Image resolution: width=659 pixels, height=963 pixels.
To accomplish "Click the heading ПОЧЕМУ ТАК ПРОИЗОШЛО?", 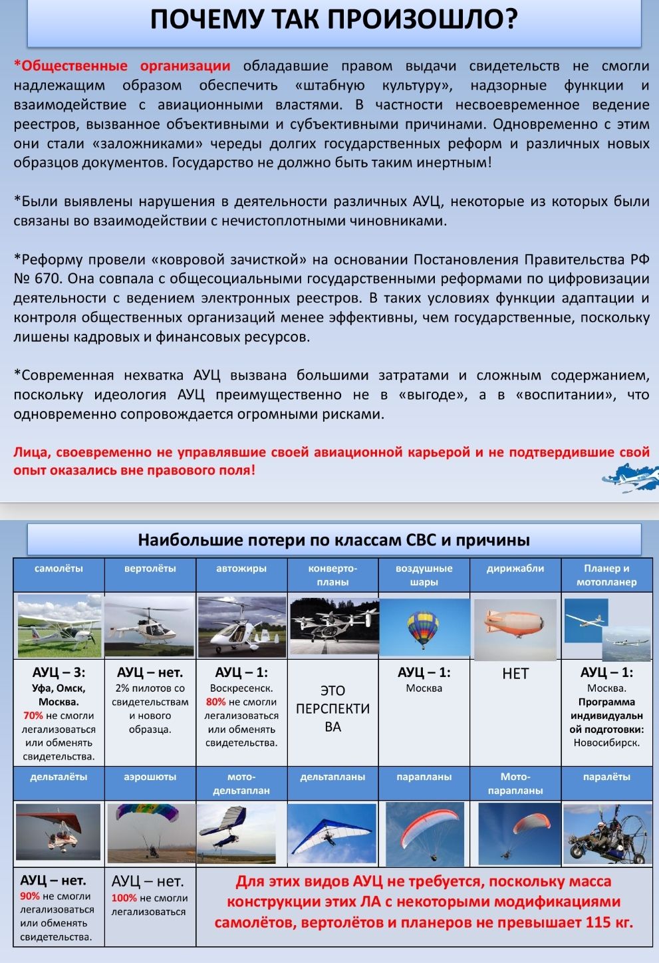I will point(333,19).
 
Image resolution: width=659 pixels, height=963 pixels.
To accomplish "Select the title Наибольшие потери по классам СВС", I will point(333,539).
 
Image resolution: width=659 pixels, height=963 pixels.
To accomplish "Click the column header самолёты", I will point(59,569).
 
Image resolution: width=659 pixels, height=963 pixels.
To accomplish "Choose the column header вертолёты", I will point(150,569).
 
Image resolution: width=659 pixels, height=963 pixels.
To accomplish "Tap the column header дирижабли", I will point(515,569).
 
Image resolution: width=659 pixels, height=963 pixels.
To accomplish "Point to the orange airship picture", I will point(515,626).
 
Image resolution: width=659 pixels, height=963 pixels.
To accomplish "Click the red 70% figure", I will point(33,716).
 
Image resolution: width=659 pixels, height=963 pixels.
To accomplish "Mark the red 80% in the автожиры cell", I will point(215,702).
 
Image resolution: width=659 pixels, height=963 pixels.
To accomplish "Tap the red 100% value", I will point(124,898).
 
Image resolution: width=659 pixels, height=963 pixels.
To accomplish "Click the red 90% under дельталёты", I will point(30,896).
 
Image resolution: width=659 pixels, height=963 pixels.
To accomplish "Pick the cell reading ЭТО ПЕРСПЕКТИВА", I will point(332,708).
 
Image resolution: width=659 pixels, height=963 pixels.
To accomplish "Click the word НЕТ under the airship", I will point(515,674).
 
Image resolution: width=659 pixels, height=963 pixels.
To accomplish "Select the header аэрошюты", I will point(150,777).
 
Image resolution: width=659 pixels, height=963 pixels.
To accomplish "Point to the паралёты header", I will point(606,777).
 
